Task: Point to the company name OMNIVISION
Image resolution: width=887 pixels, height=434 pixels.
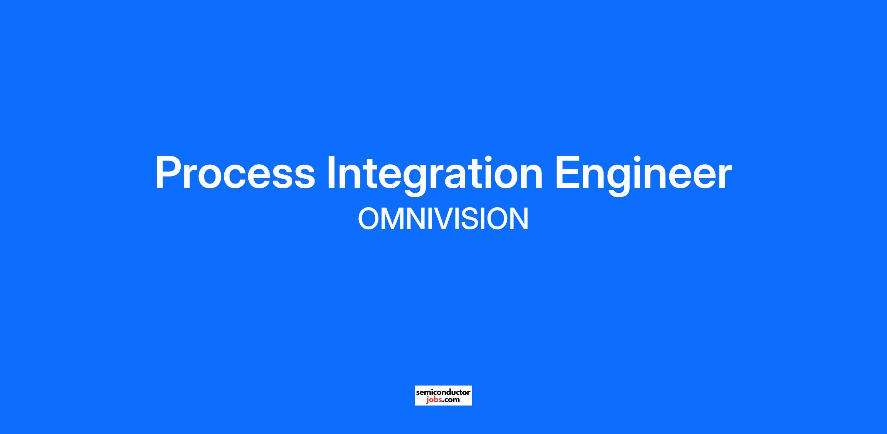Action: pos(443,219)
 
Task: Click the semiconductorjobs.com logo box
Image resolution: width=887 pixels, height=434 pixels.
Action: pos(443,396)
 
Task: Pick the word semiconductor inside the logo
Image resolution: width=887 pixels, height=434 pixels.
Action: pos(443,392)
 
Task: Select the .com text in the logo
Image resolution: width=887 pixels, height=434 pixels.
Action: pos(450,400)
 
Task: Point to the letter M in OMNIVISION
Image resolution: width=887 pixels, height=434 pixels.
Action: pos(394,219)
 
